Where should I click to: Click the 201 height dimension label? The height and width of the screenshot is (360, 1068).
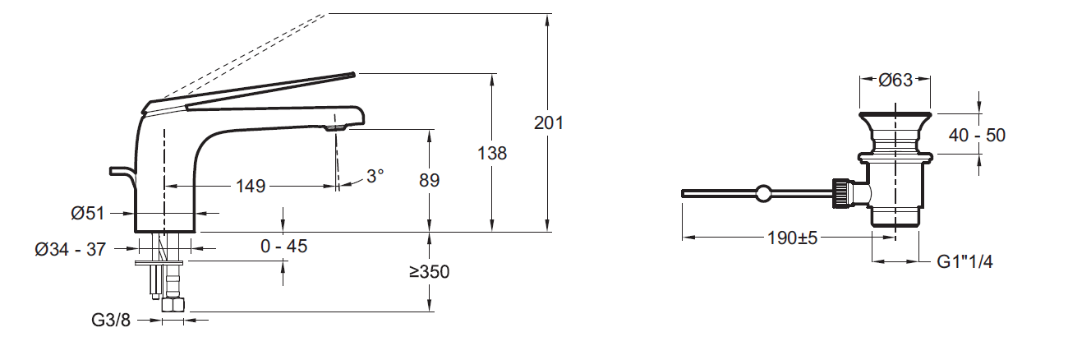click(x=549, y=123)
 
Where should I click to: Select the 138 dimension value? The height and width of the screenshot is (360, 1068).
click(x=492, y=153)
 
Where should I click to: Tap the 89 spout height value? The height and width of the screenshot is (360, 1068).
click(x=430, y=180)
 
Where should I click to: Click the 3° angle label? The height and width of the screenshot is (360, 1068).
click(x=375, y=176)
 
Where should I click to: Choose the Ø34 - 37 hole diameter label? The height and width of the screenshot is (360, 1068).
click(x=70, y=249)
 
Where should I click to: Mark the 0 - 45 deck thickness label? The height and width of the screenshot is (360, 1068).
click(x=284, y=246)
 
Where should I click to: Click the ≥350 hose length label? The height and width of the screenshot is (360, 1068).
click(x=430, y=272)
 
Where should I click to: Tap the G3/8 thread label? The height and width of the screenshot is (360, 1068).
click(x=110, y=320)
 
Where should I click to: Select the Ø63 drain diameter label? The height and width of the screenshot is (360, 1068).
click(x=895, y=81)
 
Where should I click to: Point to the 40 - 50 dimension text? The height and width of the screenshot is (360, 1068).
click(x=978, y=136)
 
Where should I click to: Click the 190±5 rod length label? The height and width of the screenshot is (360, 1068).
click(x=791, y=238)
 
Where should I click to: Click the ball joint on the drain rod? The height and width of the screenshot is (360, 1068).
click(x=764, y=193)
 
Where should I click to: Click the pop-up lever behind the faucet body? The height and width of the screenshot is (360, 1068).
click(x=122, y=172)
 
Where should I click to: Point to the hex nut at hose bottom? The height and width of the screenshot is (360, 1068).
click(x=173, y=305)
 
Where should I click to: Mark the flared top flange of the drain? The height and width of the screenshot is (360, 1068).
click(x=895, y=115)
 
